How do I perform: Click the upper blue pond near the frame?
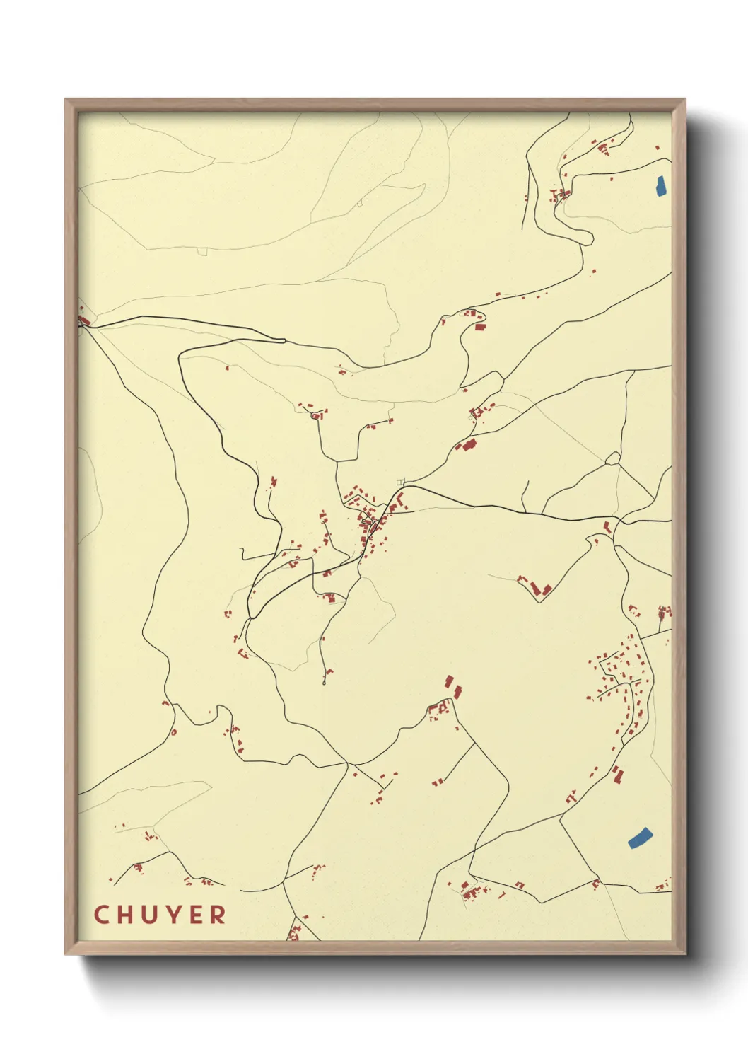[x=660, y=186]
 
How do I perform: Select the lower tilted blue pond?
[x=639, y=837]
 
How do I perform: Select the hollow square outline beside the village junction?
[x=401, y=482]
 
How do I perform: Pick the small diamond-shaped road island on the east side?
[x=613, y=459]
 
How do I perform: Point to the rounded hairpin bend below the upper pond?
[x=586, y=237]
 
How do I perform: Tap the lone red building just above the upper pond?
[x=657, y=148]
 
